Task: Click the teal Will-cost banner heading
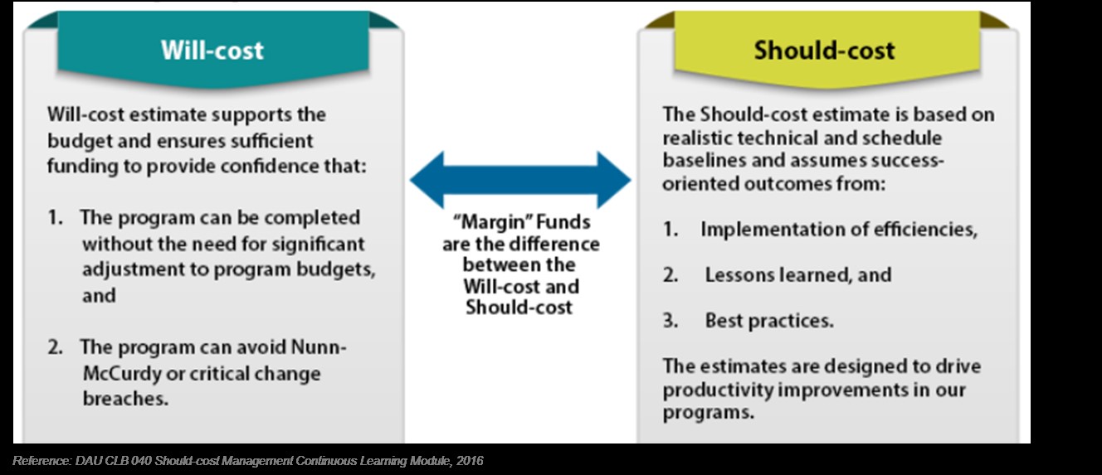[x=212, y=50]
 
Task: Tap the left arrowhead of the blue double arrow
[x=427, y=180]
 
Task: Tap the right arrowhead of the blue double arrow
[x=614, y=180]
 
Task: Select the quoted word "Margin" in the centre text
[x=491, y=222]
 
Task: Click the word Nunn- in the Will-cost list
[x=319, y=347]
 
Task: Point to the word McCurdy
[x=122, y=373]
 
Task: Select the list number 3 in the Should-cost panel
[x=669, y=320]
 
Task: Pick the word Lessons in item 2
[x=739, y=274]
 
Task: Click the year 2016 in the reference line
[x=470, y=461]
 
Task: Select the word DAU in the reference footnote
[x=86, y=461]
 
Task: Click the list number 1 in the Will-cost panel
[x=54, y=217]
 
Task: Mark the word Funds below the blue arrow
[x=563, y=222]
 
